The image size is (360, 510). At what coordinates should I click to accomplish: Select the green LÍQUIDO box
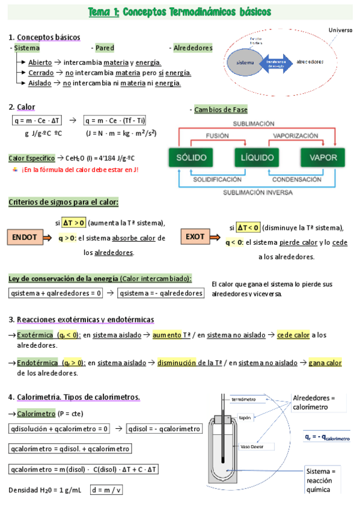(x=257, y=158)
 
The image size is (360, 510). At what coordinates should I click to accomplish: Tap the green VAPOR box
(x=323, y=158)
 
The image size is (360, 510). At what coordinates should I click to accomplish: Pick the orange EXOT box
(x=195, y=237)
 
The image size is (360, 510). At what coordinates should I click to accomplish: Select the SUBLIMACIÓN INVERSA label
(x=257, y=193)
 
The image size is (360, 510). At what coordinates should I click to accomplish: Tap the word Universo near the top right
(x=341, y=30)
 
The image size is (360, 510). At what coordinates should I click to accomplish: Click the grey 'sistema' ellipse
(x=245, y=62)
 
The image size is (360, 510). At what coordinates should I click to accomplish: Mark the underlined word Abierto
(x=39, y=63)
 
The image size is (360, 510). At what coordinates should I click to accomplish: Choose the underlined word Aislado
(x=40, y=83)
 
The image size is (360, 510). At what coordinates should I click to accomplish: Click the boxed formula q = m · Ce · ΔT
(x=37, y=120)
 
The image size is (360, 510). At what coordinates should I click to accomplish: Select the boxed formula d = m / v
(x=106, y=490)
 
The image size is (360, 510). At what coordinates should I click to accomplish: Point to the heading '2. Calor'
(x=22, y=107)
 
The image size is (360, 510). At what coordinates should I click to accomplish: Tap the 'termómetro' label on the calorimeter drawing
(x=244, y=399)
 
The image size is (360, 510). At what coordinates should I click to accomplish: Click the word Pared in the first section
(x=105, y=48)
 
